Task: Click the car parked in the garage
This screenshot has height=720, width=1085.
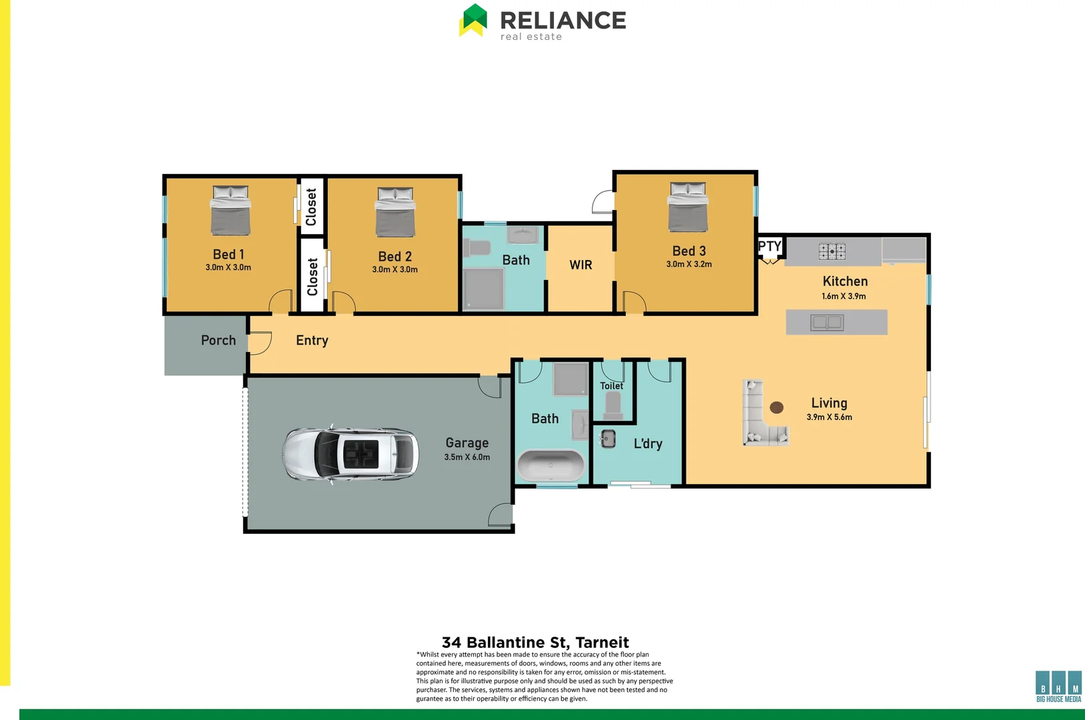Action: pyautogui.click(x=351, y=454)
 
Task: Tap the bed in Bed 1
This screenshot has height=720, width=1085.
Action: pyautogui.click(x=231, y=211)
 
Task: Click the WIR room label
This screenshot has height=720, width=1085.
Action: pyautogui.click(x=580, y=265)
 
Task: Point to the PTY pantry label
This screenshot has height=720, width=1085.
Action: pyautogui.click(x=769, y=246)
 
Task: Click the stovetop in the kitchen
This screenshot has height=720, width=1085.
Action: pyautogui.click(x=832, y=251)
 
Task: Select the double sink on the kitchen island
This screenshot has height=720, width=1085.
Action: pyautogui.click(x=826, y=323)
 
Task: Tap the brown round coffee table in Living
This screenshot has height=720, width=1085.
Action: pyautogui.click(x=776, y=407)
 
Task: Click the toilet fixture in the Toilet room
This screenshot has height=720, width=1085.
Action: pyautogui.click(x=612, y=404)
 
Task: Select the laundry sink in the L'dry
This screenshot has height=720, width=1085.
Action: pyautogui.click(x=608, y=438)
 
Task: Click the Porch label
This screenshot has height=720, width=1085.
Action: pyautogui.click(x=218, y=341)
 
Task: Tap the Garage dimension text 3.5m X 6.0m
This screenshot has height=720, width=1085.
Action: pyautogui.click(x=467, y=457)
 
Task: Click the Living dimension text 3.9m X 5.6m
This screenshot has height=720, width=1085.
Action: pyautogui.click(x=829, y=417)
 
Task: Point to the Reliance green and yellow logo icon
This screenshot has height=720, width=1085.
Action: pyautogui.click(x=473, y=20)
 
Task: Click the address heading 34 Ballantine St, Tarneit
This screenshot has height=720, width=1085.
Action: pyautogui.click(x=535, y=642)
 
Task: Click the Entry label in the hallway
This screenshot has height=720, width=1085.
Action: pyautogui.click(x=312, y=341)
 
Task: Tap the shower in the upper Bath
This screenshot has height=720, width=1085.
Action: pyautogui.click(x=483, y=289)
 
